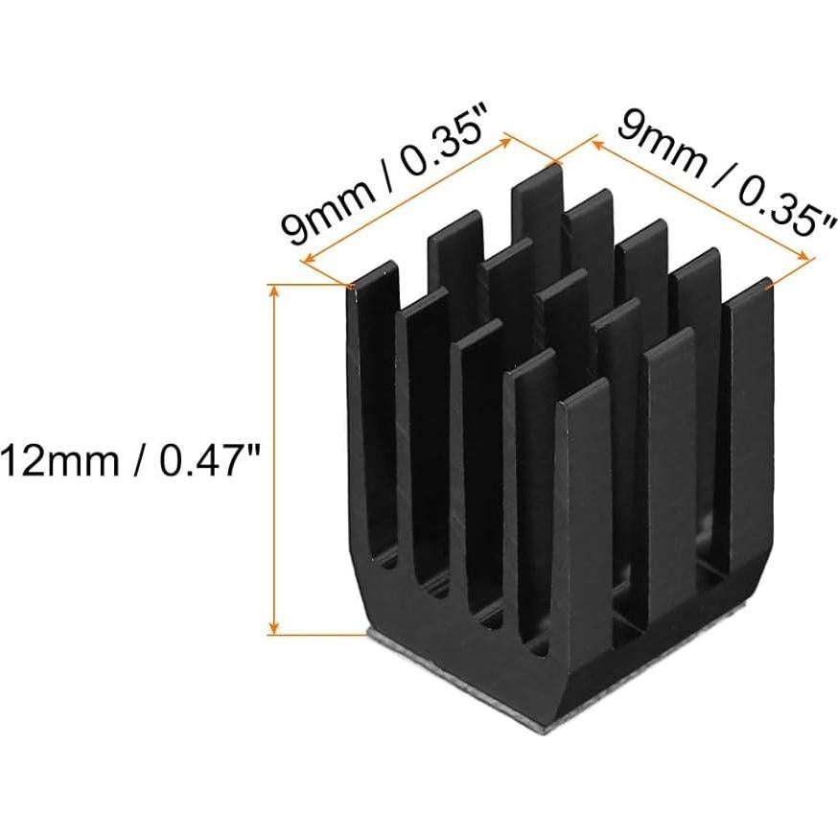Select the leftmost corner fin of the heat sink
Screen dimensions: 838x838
(373, 316)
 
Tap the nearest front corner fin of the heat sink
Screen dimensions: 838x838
(580, 499)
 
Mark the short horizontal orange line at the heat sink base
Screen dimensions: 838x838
(316, 634)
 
